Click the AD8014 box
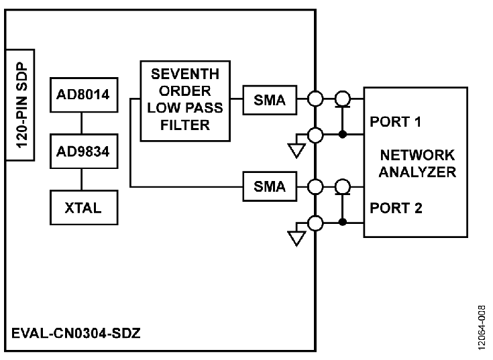point(81,95)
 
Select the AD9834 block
point(81,151)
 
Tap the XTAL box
point(81,207)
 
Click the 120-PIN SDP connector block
point(20,105)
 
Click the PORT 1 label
point(396,123)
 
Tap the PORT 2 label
point(396,208)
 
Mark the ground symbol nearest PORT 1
point(296,151)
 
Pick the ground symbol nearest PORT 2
point(296,237)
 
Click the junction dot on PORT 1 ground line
point(343,135)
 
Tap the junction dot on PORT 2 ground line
point(343,221)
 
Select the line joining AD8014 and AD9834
point(81,123)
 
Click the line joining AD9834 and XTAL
point(81,179)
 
